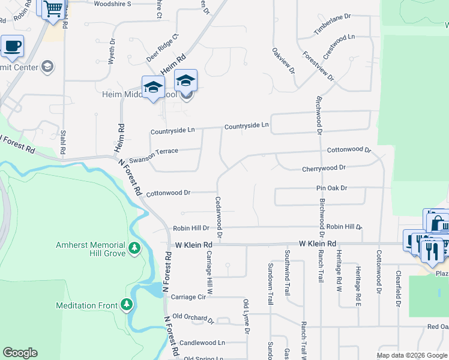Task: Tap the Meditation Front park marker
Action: [x=126, y=305]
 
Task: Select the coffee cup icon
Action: [x=12, y=46]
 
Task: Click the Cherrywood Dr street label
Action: [x=324, y=169]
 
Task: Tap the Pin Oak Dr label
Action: [x=332, y=188]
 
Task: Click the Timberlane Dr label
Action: [x=331, y=25]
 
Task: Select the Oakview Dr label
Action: [x=284, y=61]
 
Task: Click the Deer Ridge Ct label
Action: [x=163, y=47]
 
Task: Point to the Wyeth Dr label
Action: [x=111, y=52]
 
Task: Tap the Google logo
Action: [x=20, y=353]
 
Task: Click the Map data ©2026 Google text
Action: [x=411, y=355]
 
